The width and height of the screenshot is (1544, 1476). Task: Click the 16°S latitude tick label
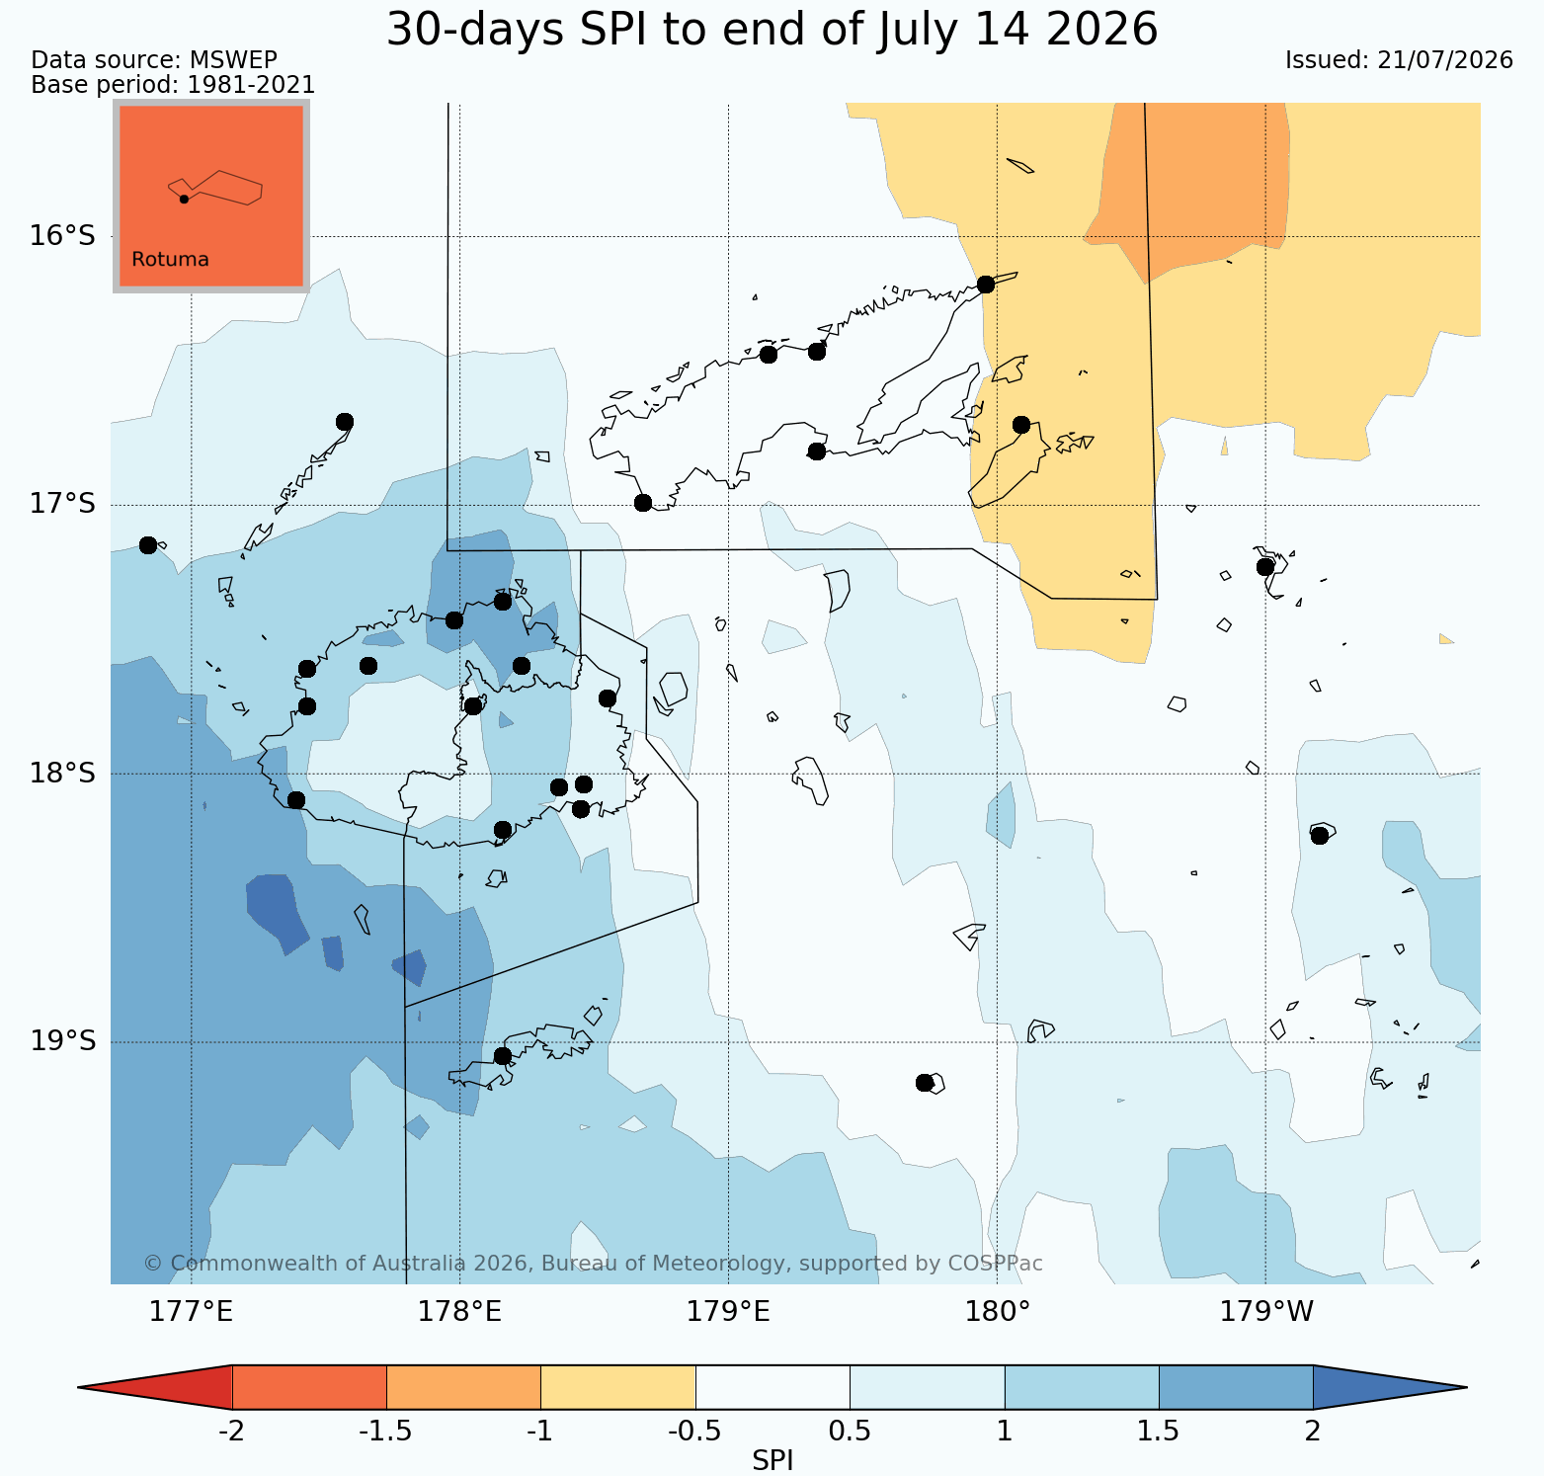point(62,236)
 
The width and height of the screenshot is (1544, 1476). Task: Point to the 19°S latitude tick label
point(62,1041)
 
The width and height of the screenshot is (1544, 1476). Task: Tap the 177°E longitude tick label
point(191,1312)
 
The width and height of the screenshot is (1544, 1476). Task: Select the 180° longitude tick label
point(997,1312)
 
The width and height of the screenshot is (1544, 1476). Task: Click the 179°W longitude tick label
point(1266,1312)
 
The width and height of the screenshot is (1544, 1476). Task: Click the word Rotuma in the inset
point(170,260)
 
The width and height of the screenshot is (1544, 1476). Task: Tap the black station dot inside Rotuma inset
point(184,199)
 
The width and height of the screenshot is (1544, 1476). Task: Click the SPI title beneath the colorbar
point(772,1461)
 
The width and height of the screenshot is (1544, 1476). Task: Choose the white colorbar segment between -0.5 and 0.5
point(772,1387)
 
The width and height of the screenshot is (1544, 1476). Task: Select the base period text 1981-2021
point(252,85)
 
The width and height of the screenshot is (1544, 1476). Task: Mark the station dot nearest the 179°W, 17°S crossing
point(1265,566)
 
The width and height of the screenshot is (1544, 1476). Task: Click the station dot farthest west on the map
point(148,544)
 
